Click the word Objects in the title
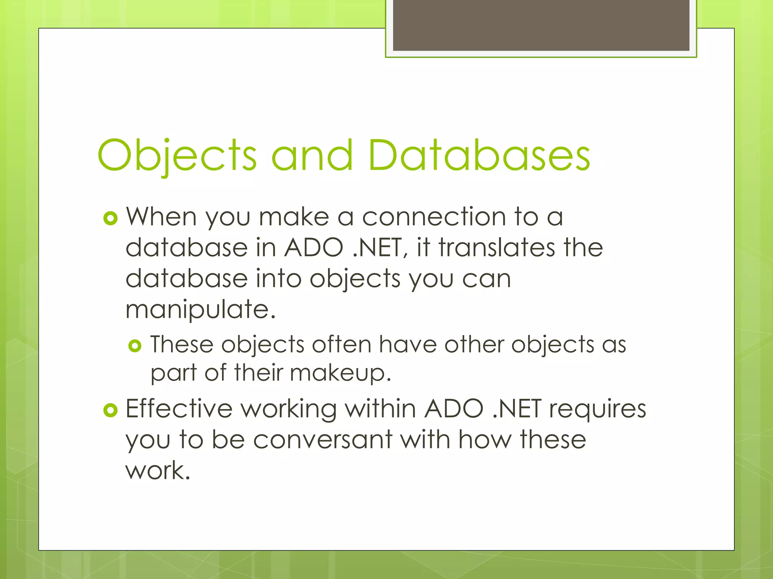coord(177,155)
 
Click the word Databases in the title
coord(479,155)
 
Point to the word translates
coord(497,248)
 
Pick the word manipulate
coord(200,310)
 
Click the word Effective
coord(179,409)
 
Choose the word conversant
coord(323,440)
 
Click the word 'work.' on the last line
coord(158,471)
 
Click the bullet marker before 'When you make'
coord(110,218)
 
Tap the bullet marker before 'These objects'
coord(135,346)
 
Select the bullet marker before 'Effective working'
coord(110,410)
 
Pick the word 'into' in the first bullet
coord(279,279)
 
